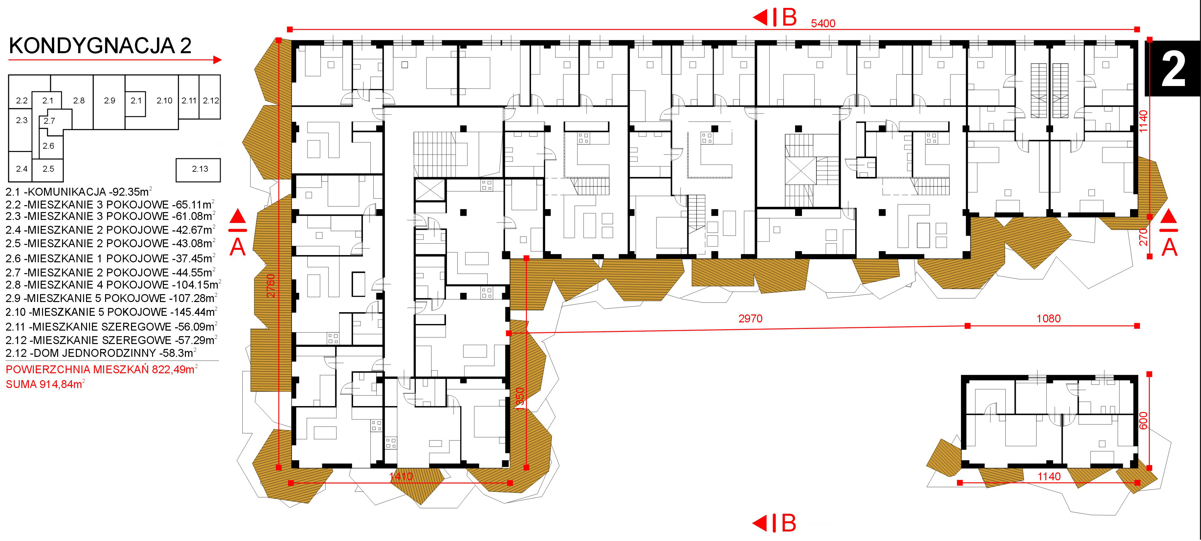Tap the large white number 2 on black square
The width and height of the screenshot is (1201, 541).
(1173, 69)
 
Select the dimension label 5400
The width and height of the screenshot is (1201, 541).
(823, 23)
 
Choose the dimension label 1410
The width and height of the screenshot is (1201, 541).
(401, 476)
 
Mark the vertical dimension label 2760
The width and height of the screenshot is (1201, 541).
(271, 286)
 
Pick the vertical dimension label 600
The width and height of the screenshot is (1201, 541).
(1143, 421)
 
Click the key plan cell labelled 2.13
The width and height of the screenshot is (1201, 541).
(198, 170)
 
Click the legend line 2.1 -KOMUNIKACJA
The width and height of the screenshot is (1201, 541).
(79, 191)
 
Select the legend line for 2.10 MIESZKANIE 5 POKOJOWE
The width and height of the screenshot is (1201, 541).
(111, 312)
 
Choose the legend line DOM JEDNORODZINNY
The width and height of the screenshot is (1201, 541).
(101, 353)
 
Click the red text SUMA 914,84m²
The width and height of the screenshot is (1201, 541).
(45, 384)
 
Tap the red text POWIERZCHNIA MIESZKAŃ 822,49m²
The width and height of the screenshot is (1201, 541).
(101, 370)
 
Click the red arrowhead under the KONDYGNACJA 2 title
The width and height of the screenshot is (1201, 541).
(217, 60)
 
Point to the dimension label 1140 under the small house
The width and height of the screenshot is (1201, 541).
(1049, 476)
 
